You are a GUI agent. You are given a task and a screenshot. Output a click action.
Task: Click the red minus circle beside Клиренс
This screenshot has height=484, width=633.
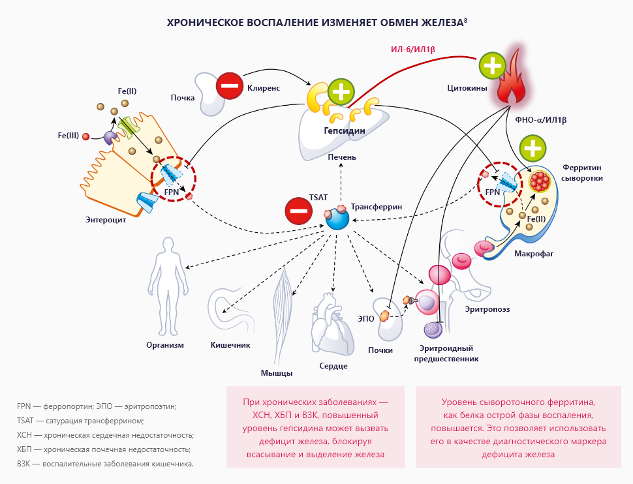[x=230, y=85]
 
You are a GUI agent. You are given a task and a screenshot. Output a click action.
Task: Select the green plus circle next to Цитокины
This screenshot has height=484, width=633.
[x=493, y=67]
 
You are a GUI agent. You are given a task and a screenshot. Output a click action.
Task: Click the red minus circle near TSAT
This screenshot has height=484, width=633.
[x=298, y=211]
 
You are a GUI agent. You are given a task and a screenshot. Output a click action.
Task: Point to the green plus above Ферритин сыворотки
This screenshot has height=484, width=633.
[x=533, y=149]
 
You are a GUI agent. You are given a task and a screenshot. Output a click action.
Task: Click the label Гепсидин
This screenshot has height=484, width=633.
[x=344, y=130]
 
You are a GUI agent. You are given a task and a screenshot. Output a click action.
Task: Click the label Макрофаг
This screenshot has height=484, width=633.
[x=533, y=254]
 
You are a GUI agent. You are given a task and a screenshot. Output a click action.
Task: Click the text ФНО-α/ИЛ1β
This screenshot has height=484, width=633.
[x=540, y=120]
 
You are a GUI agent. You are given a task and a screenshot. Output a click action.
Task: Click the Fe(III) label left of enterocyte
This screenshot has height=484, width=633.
[x=68, y=136]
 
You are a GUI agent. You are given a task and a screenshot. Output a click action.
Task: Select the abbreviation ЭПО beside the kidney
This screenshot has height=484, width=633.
[x=366, y=318]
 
